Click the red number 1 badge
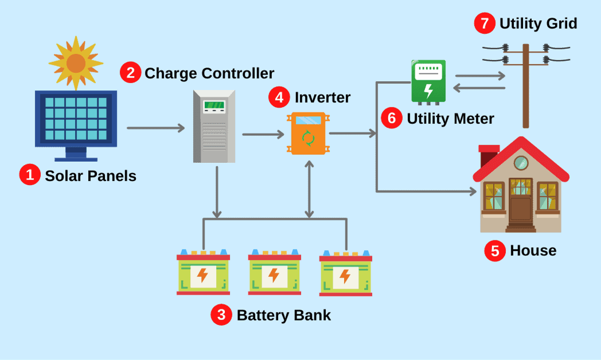click(29, 175)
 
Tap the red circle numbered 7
click(484, 24)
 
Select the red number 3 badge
click(221, 315)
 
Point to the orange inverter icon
click(308, 134)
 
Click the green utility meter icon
click(428, 81)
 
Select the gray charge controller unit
click(214, 126)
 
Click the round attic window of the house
click(520, 163)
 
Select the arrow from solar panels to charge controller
click(155, 127)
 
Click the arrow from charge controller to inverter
click(263, 135)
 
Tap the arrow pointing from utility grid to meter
click(479, 88)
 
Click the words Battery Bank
click(283, 315)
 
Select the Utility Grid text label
click(538, 24)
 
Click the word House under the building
click(533, 251)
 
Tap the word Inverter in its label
click(322, 97)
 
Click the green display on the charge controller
click(214, 105)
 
